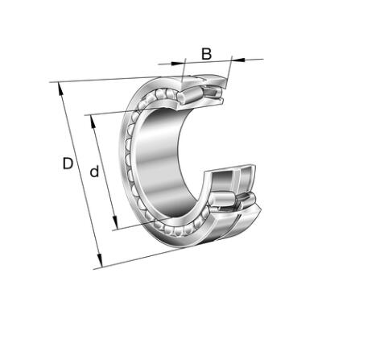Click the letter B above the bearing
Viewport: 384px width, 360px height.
coord(206,54)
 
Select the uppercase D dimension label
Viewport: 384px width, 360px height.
coord(68,163)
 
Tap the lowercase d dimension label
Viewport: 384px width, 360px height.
coord(94,172)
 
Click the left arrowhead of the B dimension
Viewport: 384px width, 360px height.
coord(178,64)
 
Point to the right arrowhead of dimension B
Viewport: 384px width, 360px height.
coord(237,60)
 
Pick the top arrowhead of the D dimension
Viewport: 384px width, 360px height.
coord(60,89)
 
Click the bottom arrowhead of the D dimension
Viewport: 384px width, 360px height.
coord(100,260)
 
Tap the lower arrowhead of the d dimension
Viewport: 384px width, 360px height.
coord(115,222)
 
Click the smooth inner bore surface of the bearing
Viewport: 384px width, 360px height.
coord(161,161)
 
